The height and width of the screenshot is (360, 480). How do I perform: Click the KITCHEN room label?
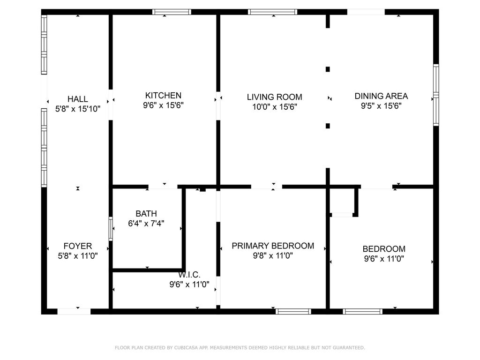163,96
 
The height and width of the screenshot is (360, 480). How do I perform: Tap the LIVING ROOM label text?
274,97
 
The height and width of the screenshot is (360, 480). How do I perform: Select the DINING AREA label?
381,96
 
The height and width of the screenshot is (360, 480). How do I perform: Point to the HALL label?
78,99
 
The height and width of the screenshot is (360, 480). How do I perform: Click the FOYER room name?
78,246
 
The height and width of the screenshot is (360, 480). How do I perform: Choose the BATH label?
146,214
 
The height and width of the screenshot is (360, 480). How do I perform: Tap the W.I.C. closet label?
189,275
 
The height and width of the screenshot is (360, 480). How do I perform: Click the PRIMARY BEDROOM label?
273,246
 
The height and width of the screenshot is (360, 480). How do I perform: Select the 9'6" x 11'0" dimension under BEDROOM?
384,258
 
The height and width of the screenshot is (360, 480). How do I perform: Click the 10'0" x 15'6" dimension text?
274,107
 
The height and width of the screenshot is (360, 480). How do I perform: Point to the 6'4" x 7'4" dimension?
146,224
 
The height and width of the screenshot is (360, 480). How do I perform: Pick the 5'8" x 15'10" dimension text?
78,109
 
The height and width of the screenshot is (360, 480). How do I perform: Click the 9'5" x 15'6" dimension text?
381,106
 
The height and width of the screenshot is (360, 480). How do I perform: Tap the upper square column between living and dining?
328,69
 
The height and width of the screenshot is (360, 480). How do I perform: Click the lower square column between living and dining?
328,126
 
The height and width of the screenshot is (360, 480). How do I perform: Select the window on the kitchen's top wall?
172,12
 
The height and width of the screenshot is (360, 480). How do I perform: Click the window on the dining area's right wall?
436,95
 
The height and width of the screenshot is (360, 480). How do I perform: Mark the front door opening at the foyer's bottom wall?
74,311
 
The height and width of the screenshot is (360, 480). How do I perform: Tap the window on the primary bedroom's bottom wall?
293,311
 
